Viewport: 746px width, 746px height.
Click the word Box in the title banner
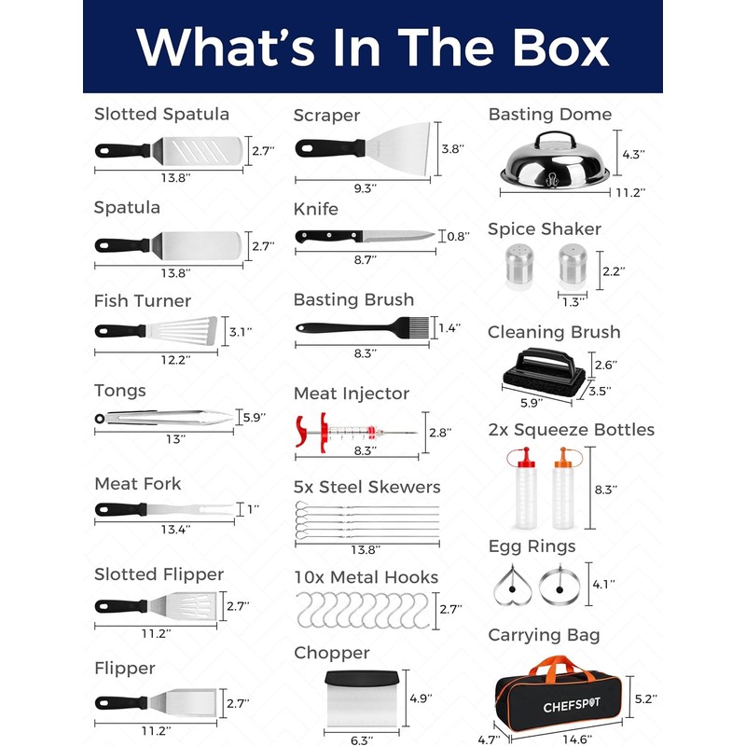coord(560,48)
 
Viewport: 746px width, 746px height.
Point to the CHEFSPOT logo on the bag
coord(572,705)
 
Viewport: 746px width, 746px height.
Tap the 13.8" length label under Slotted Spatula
coord(175,178)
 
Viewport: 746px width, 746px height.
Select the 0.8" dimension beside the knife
coord(458,236)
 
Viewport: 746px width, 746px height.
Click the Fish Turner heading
coord(143,300)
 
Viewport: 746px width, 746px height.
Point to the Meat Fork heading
coord(137,483)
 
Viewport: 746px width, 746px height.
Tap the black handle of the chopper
coord(362,678)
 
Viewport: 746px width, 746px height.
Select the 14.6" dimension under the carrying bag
coord(577,739)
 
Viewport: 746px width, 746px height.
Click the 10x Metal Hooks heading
coord(366,577)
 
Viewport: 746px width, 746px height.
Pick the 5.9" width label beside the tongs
coord(254,417)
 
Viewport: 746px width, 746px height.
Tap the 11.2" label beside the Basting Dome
coord(630,192)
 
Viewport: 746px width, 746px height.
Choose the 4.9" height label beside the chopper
coord(421,698)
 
